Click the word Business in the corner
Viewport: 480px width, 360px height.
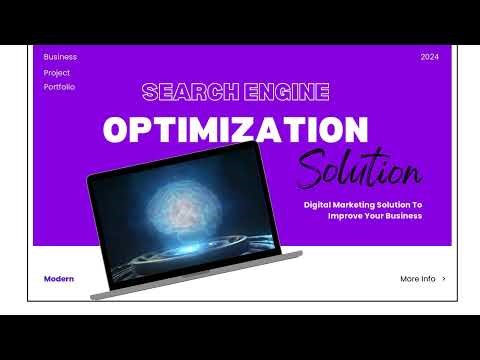click(x=60, y=57)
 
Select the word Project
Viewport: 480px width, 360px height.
click(x=57, y=72)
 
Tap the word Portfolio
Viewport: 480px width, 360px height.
click(x=60, y=87)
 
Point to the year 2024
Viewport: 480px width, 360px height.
click(x=430, y=57)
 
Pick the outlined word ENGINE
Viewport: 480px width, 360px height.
click(x=283, y=93)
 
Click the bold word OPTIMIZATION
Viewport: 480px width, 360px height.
click(x=236, y=130)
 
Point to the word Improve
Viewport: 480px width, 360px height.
click(x=346, y=216)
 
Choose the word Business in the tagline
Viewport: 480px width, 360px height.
click(x=402, y=216)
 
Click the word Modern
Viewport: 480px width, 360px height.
click(x=59, y=279)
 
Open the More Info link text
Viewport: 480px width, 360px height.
click(x=417, y=279)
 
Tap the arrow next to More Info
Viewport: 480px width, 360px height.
click(x=444, y=279)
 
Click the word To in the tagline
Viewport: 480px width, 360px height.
click(x=418, y=204)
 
